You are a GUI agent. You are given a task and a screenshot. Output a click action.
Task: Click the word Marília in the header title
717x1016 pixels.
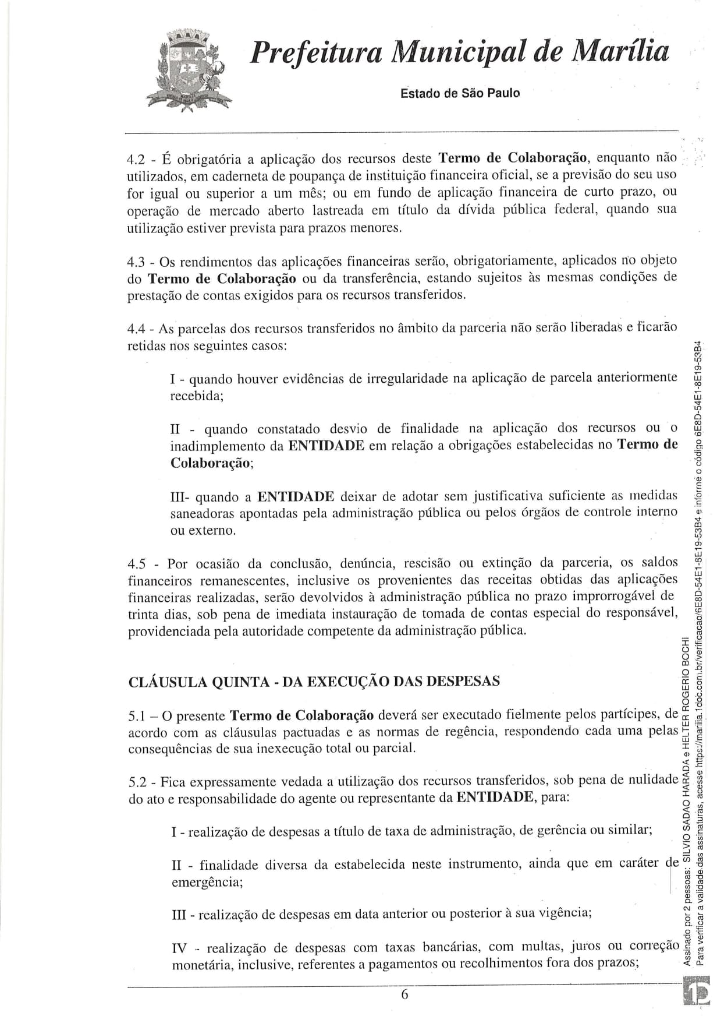point(620,53)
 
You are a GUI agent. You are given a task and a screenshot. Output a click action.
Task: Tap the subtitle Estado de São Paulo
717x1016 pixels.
point(460,93)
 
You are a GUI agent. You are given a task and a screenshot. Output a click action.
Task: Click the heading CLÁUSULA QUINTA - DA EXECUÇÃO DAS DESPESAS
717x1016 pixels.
point(314,682)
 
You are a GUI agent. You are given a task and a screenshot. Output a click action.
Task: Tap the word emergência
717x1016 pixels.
point(207,883)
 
